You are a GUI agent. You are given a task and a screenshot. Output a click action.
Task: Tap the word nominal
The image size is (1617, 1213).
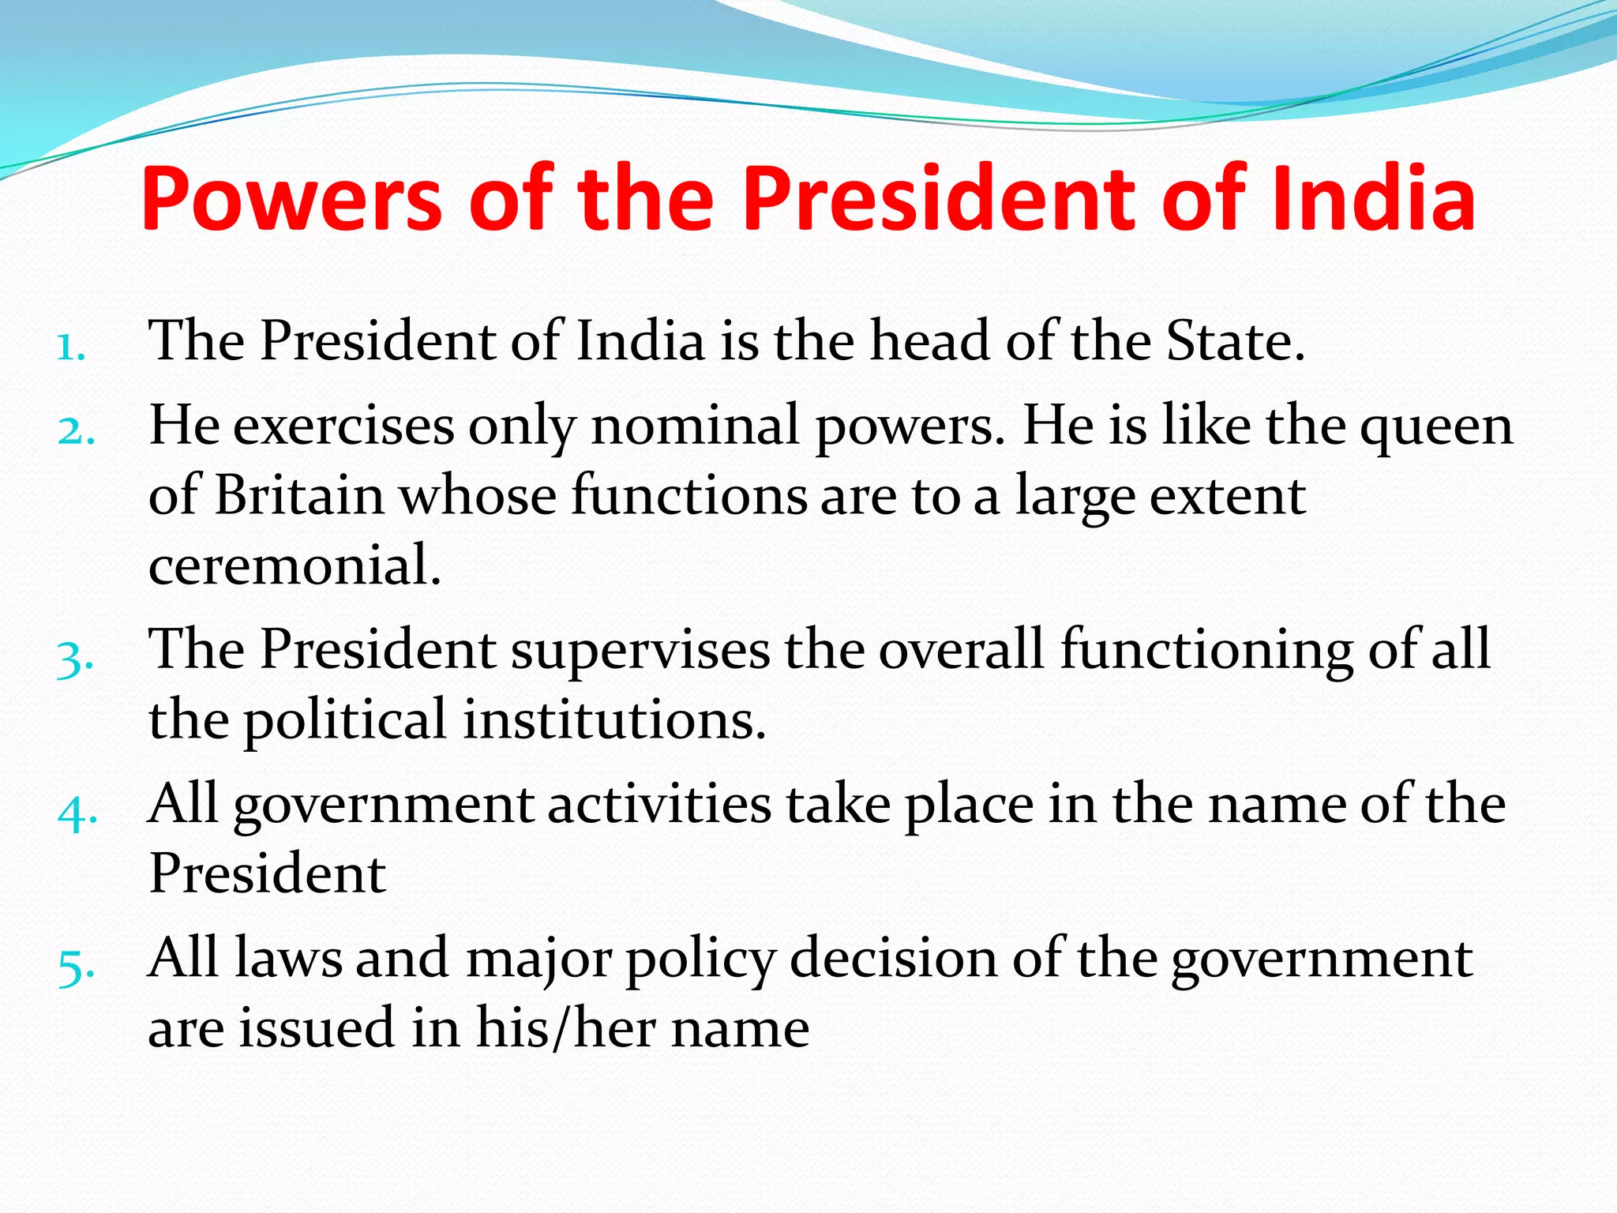(x=696, y=426)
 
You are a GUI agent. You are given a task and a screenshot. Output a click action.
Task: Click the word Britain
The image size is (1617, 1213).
(x=299, y=495)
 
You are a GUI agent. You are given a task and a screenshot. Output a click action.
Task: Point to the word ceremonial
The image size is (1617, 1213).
(x=295, y=565)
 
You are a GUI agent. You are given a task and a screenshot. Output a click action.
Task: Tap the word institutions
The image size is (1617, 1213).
(x=614, y=720)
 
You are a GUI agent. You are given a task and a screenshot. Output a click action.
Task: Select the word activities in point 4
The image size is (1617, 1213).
(x=659, y=805)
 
